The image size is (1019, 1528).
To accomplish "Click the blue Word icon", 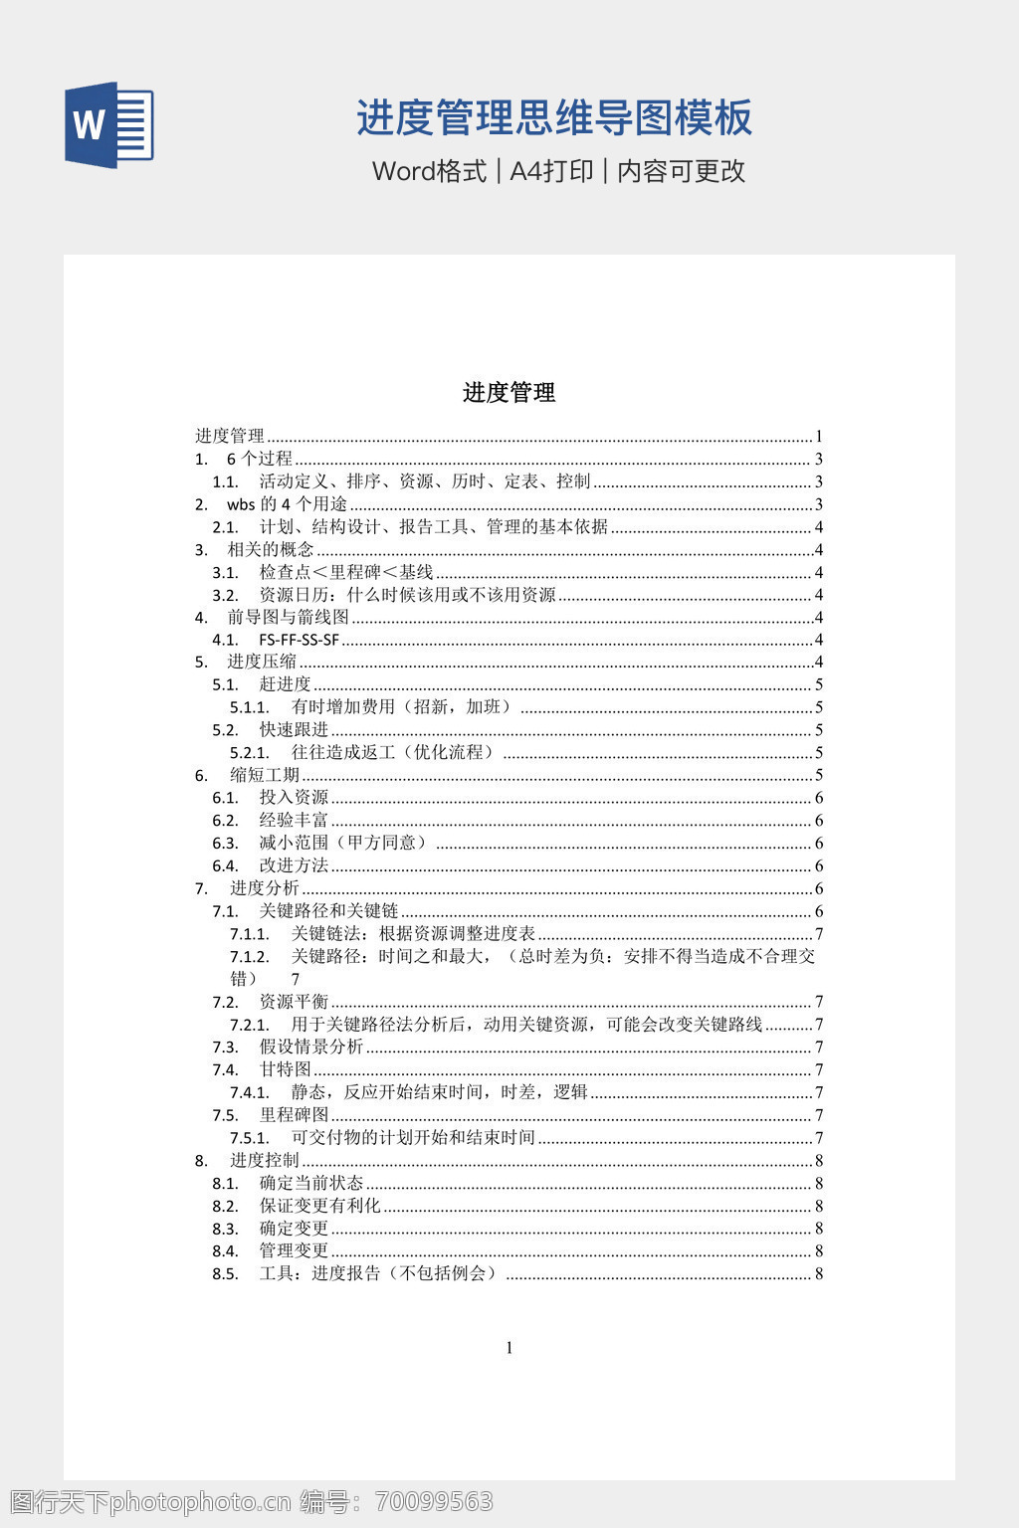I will point(108,124).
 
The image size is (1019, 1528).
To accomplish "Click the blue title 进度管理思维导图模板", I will point(554,117).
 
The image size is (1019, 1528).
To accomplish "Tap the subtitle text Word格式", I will point(429,171).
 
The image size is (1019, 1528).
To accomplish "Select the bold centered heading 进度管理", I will point(509,393).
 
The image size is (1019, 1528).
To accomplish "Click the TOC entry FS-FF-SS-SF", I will point(299,640).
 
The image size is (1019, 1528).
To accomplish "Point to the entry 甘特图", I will point(285,1069).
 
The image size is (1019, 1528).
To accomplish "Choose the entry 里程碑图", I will point(294,1115).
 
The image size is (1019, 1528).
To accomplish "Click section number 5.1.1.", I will point(249,707).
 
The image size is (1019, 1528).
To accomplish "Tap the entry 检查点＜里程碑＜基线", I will point(346,572).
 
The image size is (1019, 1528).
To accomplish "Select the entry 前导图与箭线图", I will point(288,617).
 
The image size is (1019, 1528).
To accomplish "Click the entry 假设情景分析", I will point(311,1047).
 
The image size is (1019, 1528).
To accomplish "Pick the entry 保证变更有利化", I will point(319,1206).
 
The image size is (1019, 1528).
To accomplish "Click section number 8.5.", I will point(225,1274).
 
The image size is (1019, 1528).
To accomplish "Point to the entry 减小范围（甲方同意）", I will point(345,843).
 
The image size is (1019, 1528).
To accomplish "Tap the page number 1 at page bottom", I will point(509,1348).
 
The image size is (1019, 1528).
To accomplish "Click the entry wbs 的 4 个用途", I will point(287,504).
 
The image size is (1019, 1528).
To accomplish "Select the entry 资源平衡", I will point(294,1002).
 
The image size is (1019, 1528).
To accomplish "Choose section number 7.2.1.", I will point(249,1025).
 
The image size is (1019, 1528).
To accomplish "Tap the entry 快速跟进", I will point(294,730).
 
